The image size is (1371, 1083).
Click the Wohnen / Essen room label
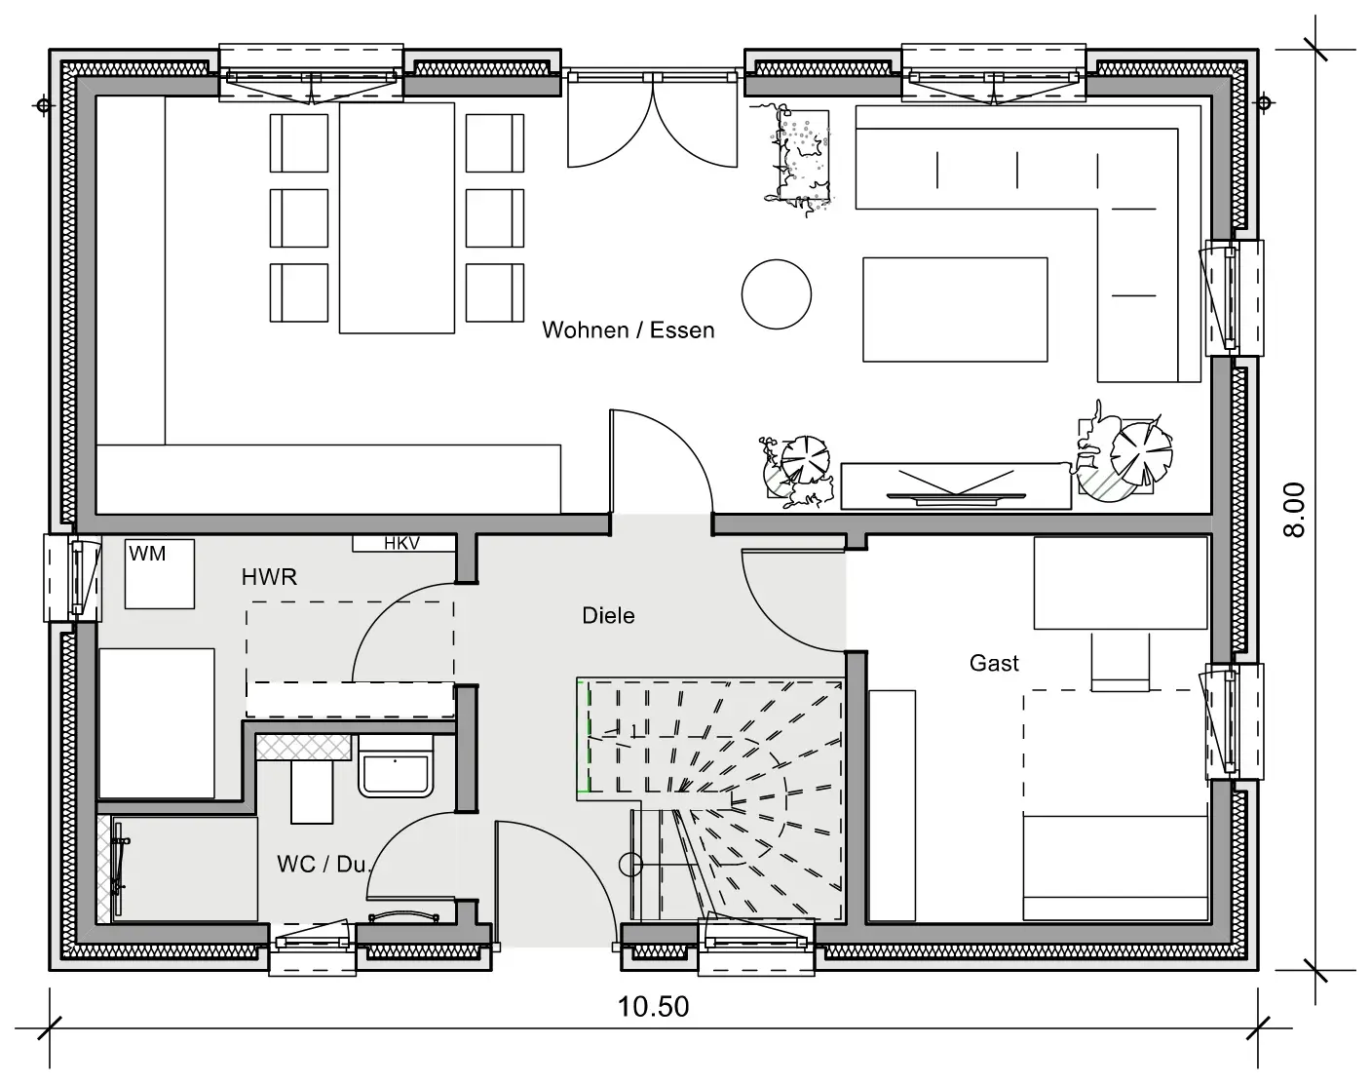point(628,330)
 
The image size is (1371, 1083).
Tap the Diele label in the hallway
point(608,616)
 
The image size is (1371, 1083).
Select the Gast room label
point(994,664)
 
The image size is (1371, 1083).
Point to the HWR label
point(269,577)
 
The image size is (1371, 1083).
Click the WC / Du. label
point(323,865)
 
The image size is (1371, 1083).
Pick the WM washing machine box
point(159,574)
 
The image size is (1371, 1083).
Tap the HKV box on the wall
point(404,544)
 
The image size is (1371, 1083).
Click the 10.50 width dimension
point(653,1007)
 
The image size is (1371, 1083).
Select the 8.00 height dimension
point(1294,510)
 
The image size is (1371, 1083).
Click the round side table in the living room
point(776,294)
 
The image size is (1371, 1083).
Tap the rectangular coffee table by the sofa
point(955,310)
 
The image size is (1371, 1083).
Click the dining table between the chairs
point(397,218)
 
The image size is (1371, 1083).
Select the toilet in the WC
point(395,767)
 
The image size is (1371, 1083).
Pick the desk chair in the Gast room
point(1120,662)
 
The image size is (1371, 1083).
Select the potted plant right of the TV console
point(1124,452)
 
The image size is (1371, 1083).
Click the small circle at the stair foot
point(630,865)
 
